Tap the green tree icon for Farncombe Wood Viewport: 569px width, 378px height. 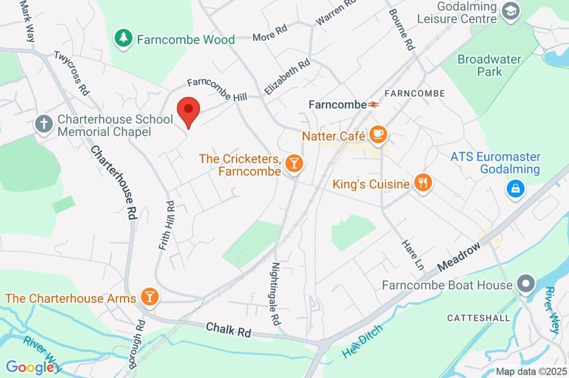pos(123,38)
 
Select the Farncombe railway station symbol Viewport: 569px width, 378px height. pos(373,104)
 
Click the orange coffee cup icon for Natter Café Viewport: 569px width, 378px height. pos(378,135)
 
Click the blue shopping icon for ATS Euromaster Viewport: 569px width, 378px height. pos(516,189)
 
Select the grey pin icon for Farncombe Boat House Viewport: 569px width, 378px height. pos(525,285)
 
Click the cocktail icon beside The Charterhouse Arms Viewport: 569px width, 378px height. pos(149,297)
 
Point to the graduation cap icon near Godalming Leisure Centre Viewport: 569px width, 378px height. pos(510,10)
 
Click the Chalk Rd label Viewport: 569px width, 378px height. pos(228,330)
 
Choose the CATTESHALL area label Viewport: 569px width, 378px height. pos(478,318)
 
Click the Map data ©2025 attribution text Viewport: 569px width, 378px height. pos(531,371)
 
